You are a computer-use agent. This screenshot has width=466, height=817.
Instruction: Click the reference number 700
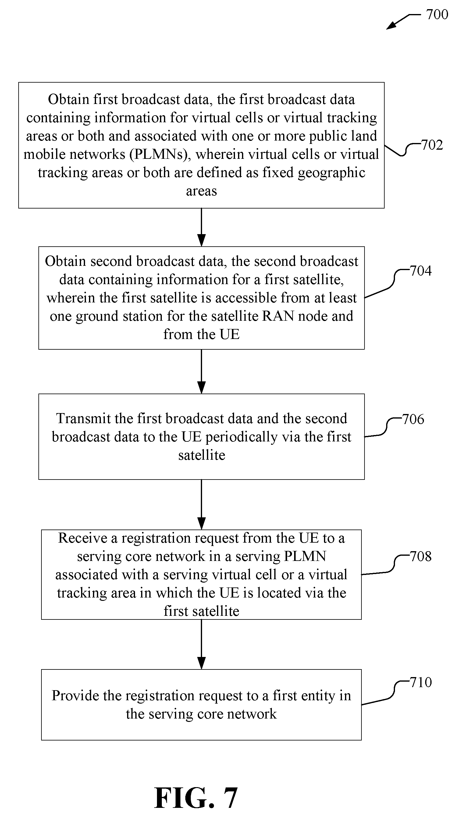click(x=437, y=14)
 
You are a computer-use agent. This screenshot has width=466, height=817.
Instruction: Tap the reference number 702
click(x=432, y=145)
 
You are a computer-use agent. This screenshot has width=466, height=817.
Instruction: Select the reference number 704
click(x=421, y=271)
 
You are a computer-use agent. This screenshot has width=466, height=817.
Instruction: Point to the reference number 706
click(x=413, y=419)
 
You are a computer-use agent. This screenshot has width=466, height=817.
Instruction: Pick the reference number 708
click(x=421, y=556)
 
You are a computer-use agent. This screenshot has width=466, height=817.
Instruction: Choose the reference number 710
click(x=421, y=683)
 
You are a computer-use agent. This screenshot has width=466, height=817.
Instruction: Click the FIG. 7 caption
click(x=196, y=798)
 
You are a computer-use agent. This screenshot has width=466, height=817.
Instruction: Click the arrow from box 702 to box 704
click(x=201, y=227)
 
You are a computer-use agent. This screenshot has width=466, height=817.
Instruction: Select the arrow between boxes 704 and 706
click(x=201, y=371)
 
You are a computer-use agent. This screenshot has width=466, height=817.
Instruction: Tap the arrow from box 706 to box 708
click(x=201, y=505)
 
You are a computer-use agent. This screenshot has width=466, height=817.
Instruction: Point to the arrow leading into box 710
click(x=201, y=644)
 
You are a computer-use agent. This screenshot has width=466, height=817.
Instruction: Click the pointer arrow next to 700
click(x=403, y=21)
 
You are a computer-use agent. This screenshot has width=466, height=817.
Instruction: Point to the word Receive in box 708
click(x=83, y=538)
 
